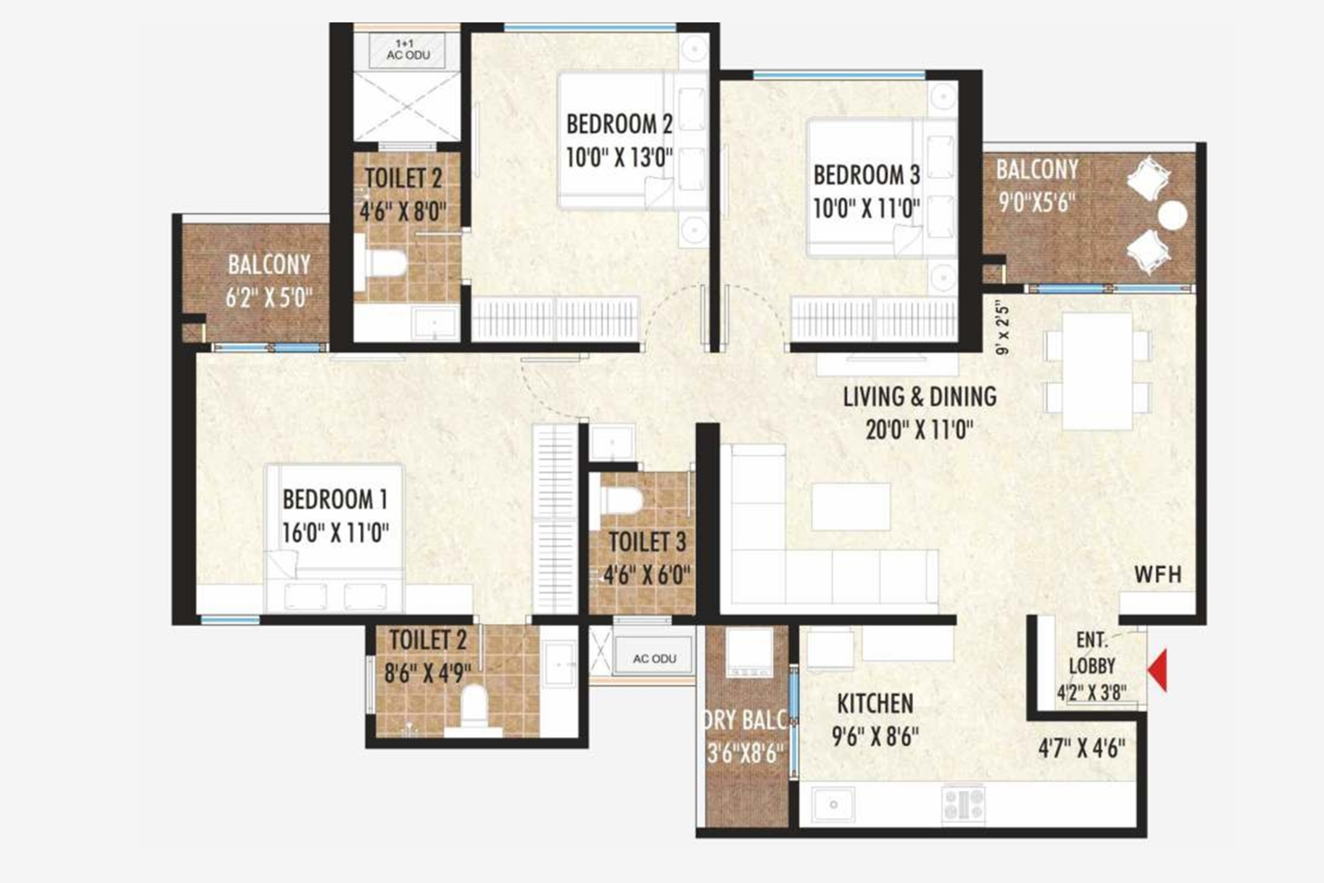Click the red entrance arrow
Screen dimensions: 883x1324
pyautogui.click(x=1158, y=669)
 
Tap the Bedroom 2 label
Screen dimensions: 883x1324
pyautogui.click(x=619, y=125)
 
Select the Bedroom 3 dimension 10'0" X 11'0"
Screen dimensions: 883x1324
pyautogui.click(x=866, y=209)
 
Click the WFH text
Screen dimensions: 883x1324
pyautogui.click(x=1158, y=574)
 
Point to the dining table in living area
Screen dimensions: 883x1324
pyautogui.click(x=1097, y=371)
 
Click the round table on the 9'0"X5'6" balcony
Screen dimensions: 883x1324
pyautogui.click(x=1172, y=215)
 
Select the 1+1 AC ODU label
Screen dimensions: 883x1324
pyautogui.click(x=408, y=50)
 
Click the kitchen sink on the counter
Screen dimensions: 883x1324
pyautogui.click(x=832, y=804)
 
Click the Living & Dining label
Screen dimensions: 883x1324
pyautogui.click(x=919, y=397)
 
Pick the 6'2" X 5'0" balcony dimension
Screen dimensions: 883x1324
pyautogui.click(x=269, y=298)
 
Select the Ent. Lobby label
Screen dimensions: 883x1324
pyautogui.click(x=1091, y=653)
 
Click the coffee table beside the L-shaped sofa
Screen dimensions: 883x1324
pyautogui.click(x=851, y=506)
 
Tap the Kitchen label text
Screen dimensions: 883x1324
pyautogui.click(x=875, y=704)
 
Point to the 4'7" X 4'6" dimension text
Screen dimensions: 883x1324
pyautogui.click(x=1082, y=749)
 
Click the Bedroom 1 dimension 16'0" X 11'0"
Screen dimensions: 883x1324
pyautogui.click(x=335, y=533)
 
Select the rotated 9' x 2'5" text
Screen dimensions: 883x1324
pyautogui.click(x=1003, y=327)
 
